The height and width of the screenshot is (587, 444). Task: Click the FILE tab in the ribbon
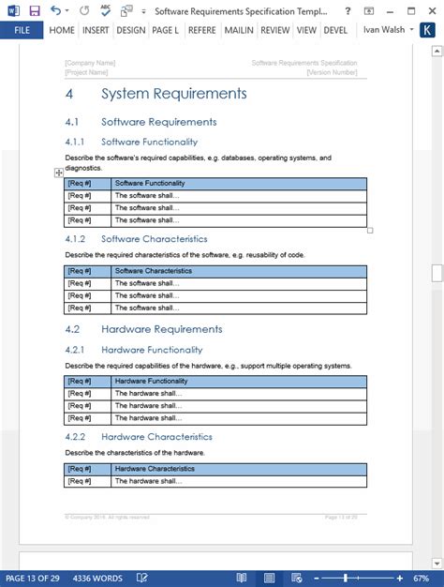coord(22,30)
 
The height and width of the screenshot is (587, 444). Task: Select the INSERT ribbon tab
coord(95,30)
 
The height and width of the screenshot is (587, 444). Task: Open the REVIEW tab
coord(274,30)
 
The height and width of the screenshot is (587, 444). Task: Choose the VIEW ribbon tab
coord(306,30)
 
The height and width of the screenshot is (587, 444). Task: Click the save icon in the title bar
coord(34,10)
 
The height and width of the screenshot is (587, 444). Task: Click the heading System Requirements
coord(173,94)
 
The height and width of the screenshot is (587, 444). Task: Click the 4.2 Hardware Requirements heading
coord(161,329)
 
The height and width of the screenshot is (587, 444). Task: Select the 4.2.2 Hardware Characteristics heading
coord(156,437)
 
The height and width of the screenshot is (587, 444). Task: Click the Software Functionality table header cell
coord(150,184)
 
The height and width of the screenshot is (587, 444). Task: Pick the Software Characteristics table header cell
coord(153,271)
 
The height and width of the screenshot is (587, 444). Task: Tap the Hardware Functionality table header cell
coord(151,382)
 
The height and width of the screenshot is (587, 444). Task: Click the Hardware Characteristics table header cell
coord(155,468)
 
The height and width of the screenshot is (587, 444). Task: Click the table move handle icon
coord(59,173)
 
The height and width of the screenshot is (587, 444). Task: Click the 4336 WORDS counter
coord(96,578)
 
